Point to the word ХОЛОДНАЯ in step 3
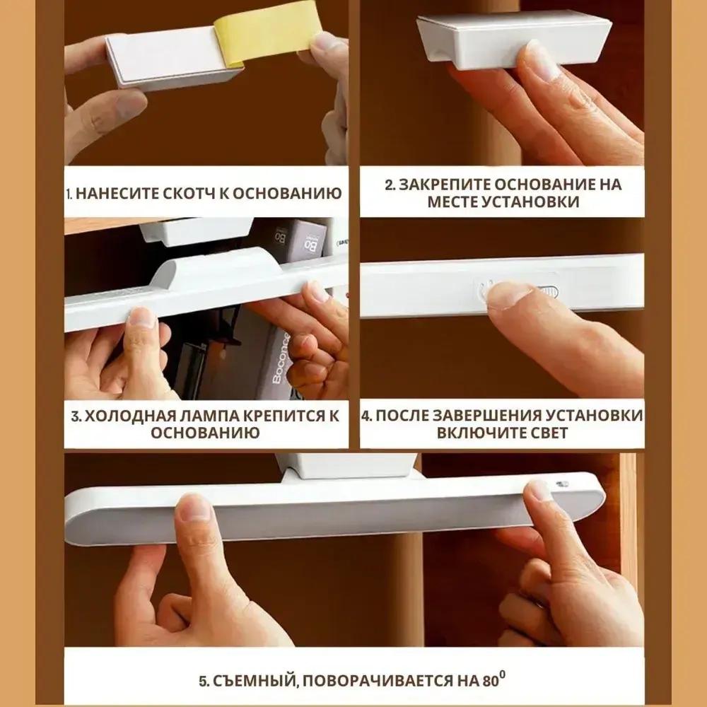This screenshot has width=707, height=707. [x=125, y=416]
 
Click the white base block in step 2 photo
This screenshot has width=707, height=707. [x=514, y=40]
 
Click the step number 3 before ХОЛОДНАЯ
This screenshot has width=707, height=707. [x=76, y=416]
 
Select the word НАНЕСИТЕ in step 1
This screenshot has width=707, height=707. [x=115, y=194]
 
